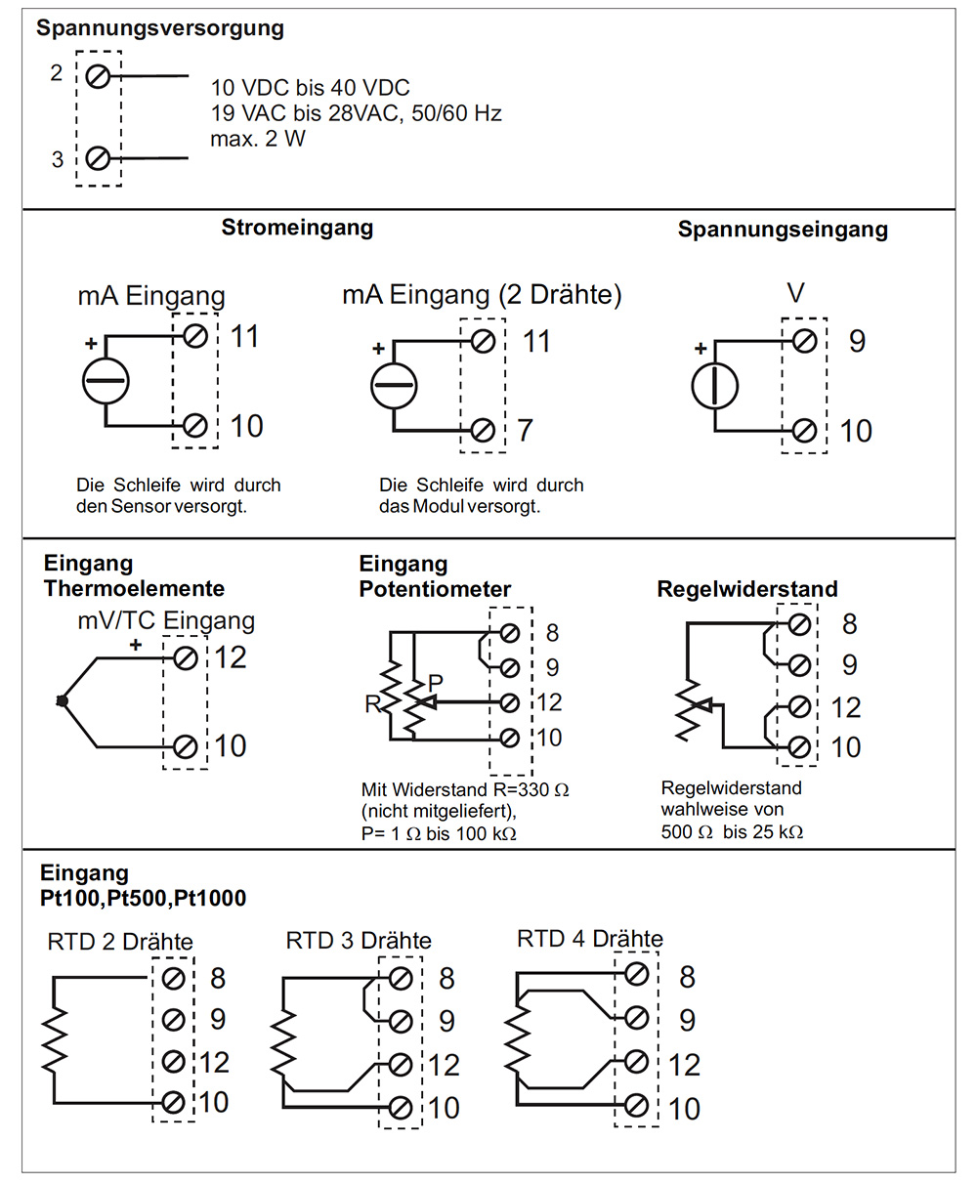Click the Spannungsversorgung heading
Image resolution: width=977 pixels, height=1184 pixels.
pyautogui.click(x=160, y=28)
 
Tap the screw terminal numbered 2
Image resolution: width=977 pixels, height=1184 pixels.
pyautogui.click(x=98, y=76)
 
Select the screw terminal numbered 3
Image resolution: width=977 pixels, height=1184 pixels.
pyautogui.click(x=98, y=158)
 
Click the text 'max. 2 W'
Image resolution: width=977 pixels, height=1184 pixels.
pyautogui.click(x=257, y=139)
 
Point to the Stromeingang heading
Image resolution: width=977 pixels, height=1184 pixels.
pyautogui.click(x=297, y=228)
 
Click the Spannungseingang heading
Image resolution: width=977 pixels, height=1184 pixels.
pyautogui.click(x=783, y=230)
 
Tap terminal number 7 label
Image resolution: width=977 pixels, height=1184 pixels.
pyautogui.click(x=525, y=430)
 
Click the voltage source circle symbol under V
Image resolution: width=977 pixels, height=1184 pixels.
pyautogui.click(x=714, y=386)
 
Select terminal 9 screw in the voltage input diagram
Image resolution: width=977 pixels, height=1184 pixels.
pyautogui.click(x=804, y=341)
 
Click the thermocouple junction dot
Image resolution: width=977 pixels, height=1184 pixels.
pyautogui.click(x=62, y=701)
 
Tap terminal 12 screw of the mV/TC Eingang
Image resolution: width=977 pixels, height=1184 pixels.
pyautogui.click(x=186, y=658)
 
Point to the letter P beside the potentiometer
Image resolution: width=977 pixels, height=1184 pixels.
pyautogui.click(x=435, y=683)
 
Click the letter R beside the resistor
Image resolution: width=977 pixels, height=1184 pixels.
pyautogui.click(x=372, y=704)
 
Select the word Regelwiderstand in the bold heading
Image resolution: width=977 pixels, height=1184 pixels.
pyautogui.click(x=747, y=589)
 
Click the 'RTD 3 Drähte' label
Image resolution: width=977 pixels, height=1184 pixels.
pyautogui.click(x=359, y=941)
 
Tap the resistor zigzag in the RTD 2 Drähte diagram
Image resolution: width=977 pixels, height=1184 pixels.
pyautogui.click(x=55, y=1040)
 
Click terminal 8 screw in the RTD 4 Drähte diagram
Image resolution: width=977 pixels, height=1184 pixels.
pyautogui.click(x=636, y=974)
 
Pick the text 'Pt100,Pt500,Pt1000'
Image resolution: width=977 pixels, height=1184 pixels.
pyautogui.click(x=143, y=898)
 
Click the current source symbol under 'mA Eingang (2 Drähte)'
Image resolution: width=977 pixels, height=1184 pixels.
pyautogui.click(x=394, y=386)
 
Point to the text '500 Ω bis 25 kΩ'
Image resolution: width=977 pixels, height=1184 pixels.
pyautogui.click(x=732, y=832)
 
